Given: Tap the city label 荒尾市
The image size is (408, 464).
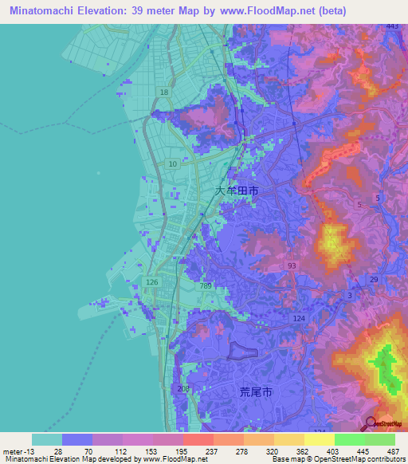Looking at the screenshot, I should click(256, 392).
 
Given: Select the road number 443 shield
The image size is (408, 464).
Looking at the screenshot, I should click(391, 26).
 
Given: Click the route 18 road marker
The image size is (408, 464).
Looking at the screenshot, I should click(164, 93).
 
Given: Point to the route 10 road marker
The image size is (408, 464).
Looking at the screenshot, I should click(172, 163).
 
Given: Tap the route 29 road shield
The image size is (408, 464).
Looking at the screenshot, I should click(374, 279).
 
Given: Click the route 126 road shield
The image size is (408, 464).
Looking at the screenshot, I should click(152, 282).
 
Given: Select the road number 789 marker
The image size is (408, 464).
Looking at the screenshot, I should click(206, 286).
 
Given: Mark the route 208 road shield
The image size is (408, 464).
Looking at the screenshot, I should click(184, 389).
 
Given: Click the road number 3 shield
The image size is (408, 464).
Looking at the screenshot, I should click(349, 296).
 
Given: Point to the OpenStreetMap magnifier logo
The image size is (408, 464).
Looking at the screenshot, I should click(370, 423).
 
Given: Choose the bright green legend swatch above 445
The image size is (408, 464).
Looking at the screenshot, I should click(349, 439).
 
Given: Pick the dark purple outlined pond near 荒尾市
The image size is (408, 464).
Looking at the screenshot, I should click(244, 351).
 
